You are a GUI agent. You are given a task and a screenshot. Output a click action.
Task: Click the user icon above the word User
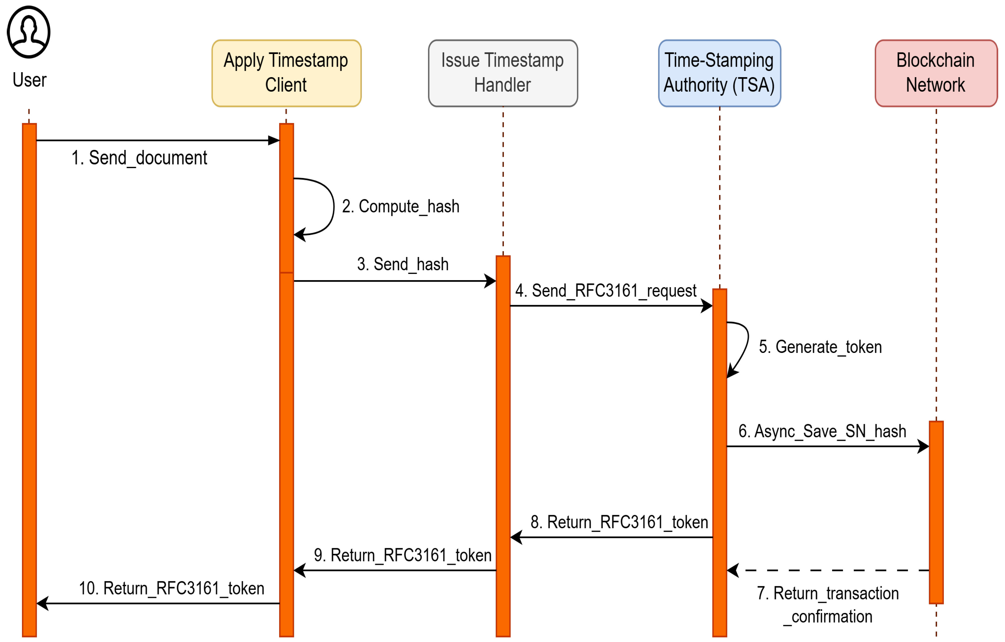[28, 32]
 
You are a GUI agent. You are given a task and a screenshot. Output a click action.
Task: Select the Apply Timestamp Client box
[286, 73]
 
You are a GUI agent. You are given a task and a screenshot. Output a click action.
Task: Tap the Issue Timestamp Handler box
[503, 73]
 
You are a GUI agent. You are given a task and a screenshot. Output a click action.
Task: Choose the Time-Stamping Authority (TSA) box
[719, 73]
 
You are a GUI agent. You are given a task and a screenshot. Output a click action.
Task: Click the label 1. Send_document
[139, 158]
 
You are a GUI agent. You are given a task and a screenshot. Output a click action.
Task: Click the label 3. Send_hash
[403, 264]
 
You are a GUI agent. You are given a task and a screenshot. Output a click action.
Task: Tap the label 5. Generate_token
[820, 347]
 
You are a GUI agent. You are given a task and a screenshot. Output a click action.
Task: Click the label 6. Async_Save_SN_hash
[822, 431]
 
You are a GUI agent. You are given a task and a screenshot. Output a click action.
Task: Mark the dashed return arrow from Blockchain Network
[831, 570]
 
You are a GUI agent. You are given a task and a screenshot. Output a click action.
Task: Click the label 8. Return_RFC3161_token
[619, 522]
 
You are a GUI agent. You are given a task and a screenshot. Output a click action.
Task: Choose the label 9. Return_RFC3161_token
[402, 556]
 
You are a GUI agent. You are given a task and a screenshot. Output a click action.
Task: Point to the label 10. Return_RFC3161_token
[172, 589]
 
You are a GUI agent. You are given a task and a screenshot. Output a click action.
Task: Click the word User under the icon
[29, 80]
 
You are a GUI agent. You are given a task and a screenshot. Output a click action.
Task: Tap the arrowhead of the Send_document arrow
[274, 141]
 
